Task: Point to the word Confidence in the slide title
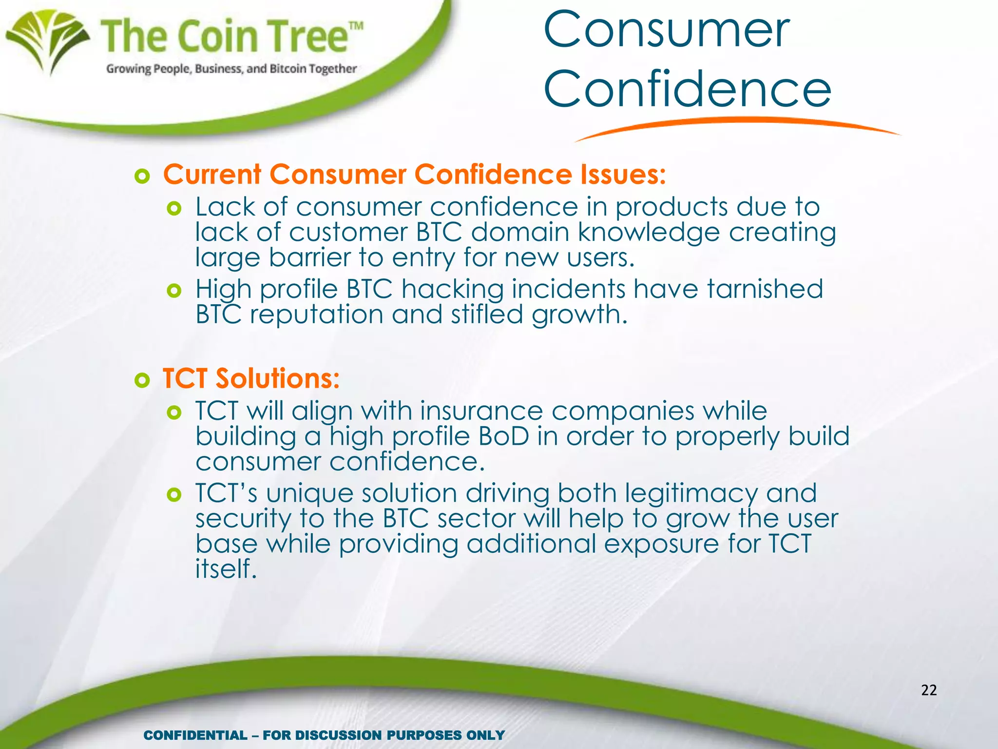687,89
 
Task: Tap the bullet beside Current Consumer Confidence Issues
142,176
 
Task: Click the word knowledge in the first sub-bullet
649,233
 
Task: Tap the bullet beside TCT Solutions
142,380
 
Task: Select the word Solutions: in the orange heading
278,378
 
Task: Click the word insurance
481,411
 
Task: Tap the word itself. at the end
226,569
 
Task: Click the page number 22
929,690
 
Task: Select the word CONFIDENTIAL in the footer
195,735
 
